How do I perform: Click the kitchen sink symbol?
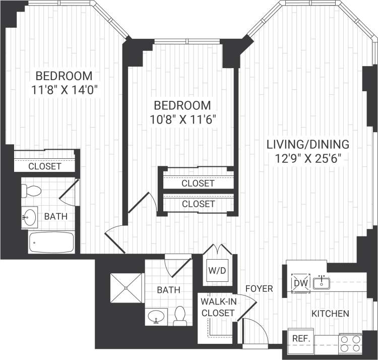click(321, 282)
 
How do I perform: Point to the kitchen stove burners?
click(350, 343)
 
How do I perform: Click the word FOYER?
click(259, 289)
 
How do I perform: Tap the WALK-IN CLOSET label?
click(217, 307)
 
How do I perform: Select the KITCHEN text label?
click(330, 314)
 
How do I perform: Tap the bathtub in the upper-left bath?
click(52, 243)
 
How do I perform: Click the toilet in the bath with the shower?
click(180, 316)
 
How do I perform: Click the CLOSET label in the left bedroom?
click(44, 166)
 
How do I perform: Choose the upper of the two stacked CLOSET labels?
click(198, 184)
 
